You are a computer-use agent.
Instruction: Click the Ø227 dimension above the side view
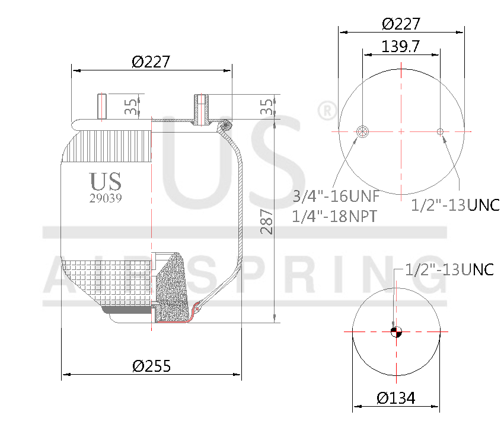point(151,62)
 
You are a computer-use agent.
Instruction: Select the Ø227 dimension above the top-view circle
point(401,24)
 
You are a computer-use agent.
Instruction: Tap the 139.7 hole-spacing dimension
point(401,47)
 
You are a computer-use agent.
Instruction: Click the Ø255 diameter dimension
point(151,366)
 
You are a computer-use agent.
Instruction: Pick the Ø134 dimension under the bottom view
point(396,398)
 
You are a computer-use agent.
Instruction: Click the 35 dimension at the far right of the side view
point(267,107)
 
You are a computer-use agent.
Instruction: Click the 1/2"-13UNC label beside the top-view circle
point(455,205)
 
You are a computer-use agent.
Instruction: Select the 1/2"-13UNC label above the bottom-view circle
point(449,269)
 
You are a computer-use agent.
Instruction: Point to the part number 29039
point(106,199)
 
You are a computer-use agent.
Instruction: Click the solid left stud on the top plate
point(101,106)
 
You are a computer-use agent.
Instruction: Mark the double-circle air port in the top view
point(362,131)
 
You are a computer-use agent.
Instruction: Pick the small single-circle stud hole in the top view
point(440,131)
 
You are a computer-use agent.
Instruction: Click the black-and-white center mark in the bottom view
point(396,332)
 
